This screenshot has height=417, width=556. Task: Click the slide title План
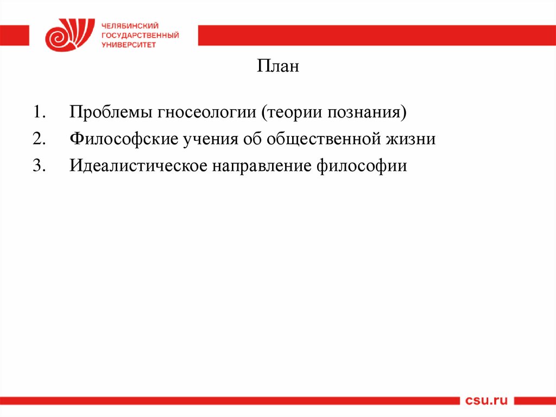tap(277, 67)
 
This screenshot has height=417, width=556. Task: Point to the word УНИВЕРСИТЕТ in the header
tap(129, 45)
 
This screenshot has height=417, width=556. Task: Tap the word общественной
tap(324, 139)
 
